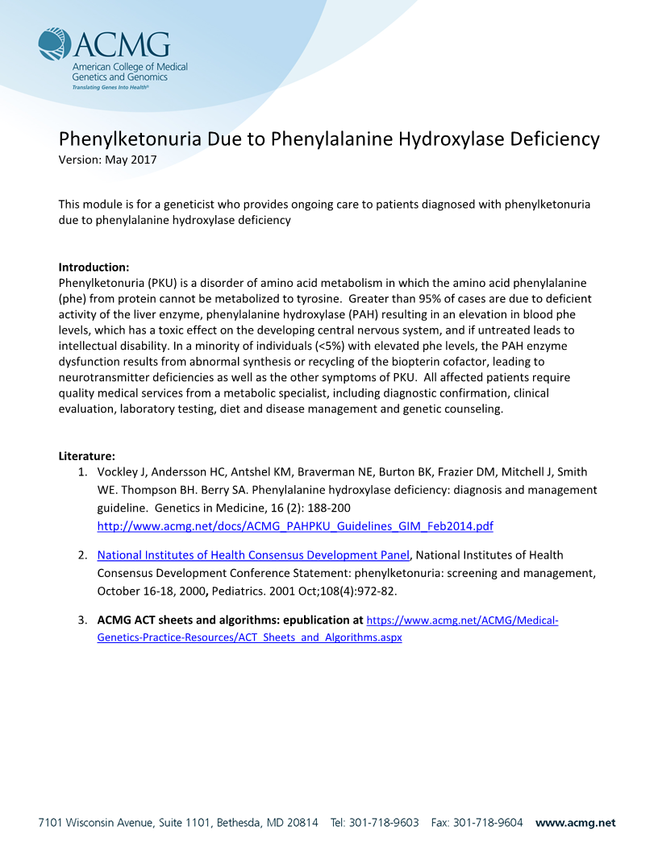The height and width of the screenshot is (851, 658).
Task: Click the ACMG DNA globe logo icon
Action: point(54,44)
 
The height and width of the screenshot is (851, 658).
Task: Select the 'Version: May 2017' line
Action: point(107,160)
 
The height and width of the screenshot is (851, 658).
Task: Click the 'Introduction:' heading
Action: point(94,267)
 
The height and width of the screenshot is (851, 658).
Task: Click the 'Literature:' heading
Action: point(86,456)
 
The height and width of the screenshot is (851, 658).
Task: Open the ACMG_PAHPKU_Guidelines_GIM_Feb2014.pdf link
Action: point(295,526)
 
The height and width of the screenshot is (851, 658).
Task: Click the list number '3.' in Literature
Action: point(82,621)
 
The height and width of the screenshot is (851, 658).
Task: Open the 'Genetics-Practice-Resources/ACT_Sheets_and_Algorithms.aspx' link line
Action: point(250,637)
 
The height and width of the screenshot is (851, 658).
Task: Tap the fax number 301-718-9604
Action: point(489,823)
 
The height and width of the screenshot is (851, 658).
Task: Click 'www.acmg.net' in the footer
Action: point(575,823)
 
